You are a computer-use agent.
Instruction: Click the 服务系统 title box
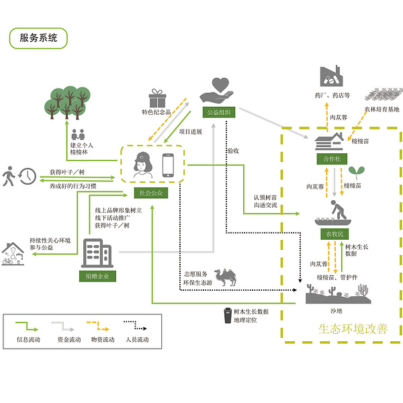click(x=39, y=38)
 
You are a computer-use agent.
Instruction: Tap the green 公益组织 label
click(x=219, y=111)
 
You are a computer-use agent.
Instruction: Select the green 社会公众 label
click(x=150, y=193)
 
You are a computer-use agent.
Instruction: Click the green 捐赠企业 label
click(x=97, y=275)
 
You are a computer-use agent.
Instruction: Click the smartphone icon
click(x=168, y=167)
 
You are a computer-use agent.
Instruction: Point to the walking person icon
click(x=9, y=176)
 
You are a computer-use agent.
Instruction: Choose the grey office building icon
click(x=97, y=255)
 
